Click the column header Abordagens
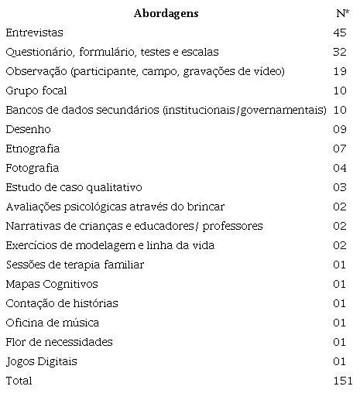(166, 13)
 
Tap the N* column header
(341, 13)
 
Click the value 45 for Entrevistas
(340, 33)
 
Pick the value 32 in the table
(340, 53)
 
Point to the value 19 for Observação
(340, 72)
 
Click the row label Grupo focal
(33, 91)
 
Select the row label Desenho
(24, 129)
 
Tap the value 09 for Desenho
(340, 129)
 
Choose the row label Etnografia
(32, 149)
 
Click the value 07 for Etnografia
(340, 149)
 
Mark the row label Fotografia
(32, 168)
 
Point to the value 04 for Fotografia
(340, 168)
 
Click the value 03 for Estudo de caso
(340, 187)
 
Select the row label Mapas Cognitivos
(51, 284)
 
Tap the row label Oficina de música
(52, 323)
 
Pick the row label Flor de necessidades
(59, 342)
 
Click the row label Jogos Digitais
(41, 361)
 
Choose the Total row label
(19, 381)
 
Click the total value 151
(341, 381)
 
